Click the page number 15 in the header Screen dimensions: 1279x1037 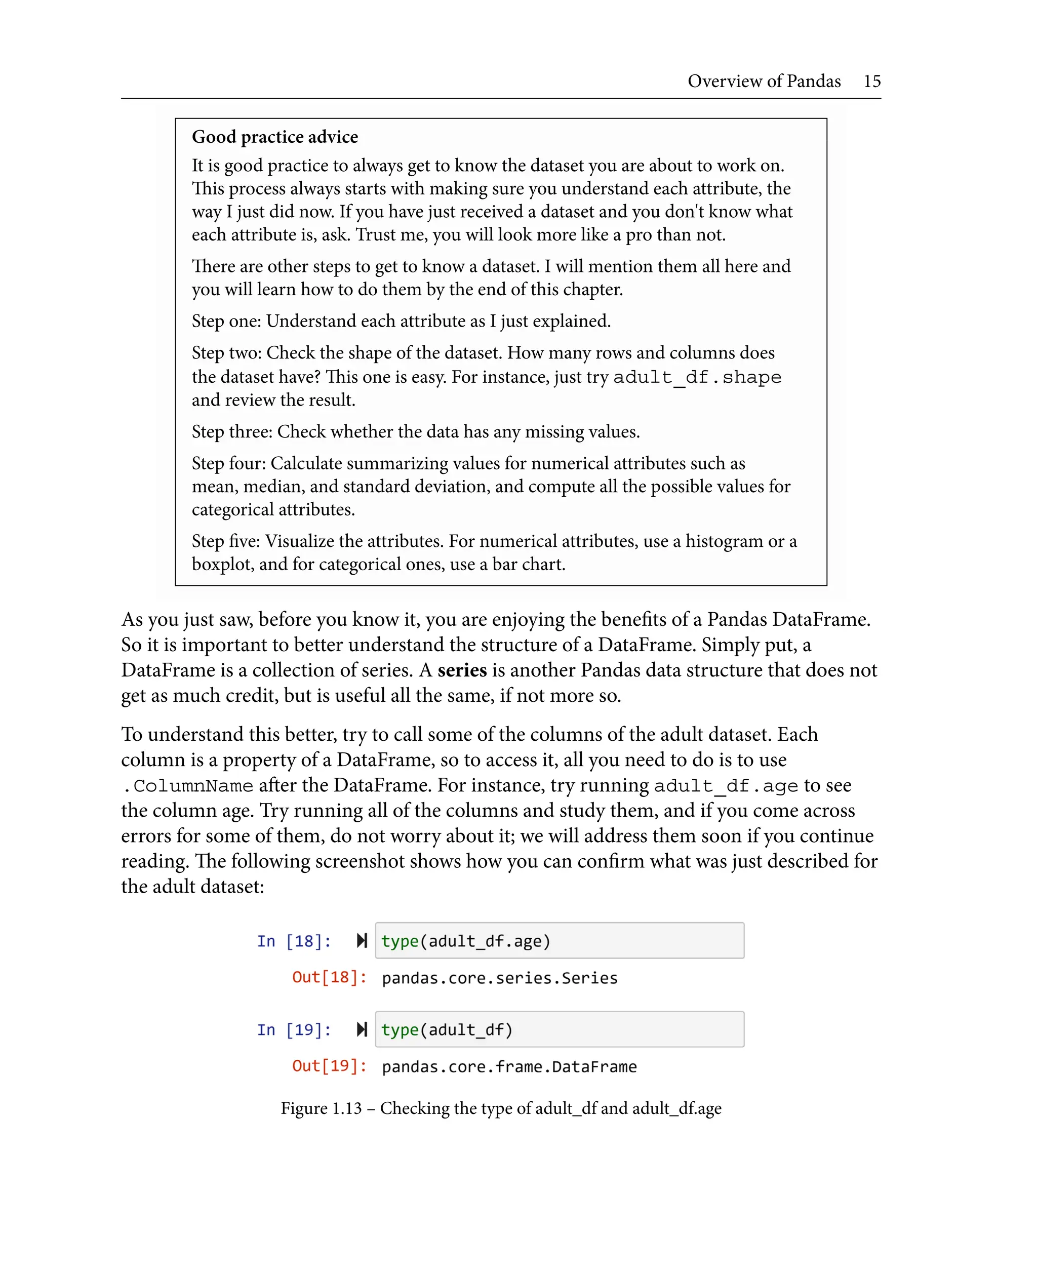tap(871, 81)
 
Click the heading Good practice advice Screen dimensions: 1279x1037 tap(275, 137)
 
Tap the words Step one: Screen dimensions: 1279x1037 tap(226, 321)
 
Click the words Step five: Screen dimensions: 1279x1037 tap(226, 541)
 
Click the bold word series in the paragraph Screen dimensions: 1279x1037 tap(462, 670)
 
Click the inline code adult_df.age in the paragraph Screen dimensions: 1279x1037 tap(725, 785)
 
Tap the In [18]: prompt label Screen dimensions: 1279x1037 tap(293, 941)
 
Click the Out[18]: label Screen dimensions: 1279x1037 tap(329, 977)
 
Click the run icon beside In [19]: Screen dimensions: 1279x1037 tap(362, 1029)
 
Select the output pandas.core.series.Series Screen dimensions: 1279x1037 tap(499, 978)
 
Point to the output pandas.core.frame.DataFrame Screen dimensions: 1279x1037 tap(509, 1066)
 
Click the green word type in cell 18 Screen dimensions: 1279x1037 tap(400, 941)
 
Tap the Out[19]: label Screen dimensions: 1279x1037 tap(329, 1066)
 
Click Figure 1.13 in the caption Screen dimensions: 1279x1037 tap(321, 1108)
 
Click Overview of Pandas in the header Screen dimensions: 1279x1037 tap(764, 81)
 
